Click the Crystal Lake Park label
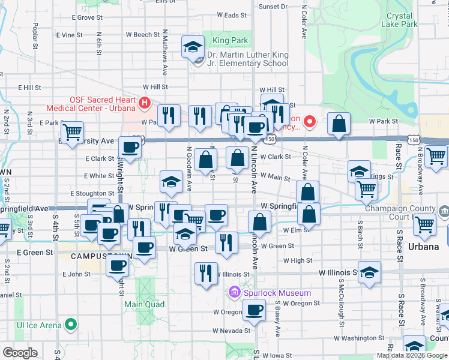pos(402,20)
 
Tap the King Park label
pos(221,41)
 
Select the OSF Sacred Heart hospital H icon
pos(144,103)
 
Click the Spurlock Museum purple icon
pos(235,293)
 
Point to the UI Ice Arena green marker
pos(71,325)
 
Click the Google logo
pos(20,353)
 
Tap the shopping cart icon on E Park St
pos(72,132)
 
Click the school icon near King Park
pos(193,48)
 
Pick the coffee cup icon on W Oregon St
pos(254,310)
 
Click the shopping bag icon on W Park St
pos(339,124)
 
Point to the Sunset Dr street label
pos(273,7)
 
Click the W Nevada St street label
pos(231,331)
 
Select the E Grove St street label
pos(83,17)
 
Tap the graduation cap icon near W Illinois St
pos(369,272)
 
